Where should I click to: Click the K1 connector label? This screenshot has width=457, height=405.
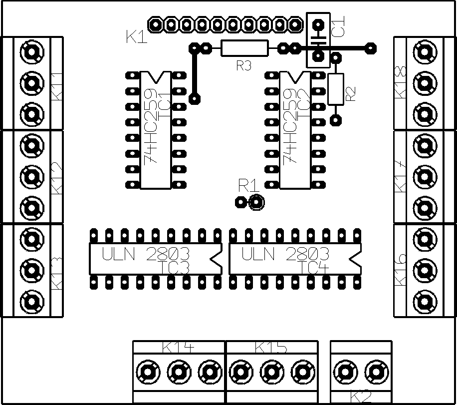click(137, 37)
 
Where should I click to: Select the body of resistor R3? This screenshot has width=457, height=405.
click(244, 48)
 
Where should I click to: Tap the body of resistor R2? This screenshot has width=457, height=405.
click(336, 88)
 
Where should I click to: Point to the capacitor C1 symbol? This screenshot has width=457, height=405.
click(318, 39)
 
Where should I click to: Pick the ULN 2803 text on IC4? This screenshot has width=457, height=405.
click(285, 254)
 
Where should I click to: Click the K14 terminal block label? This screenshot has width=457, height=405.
click(179, 347)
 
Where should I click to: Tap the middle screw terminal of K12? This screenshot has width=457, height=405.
click(31, 176)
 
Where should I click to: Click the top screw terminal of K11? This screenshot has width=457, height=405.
click(31, 51)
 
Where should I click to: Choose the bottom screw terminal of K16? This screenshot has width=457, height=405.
click(425, 301)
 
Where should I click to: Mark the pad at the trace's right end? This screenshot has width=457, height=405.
click(370, 48)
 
